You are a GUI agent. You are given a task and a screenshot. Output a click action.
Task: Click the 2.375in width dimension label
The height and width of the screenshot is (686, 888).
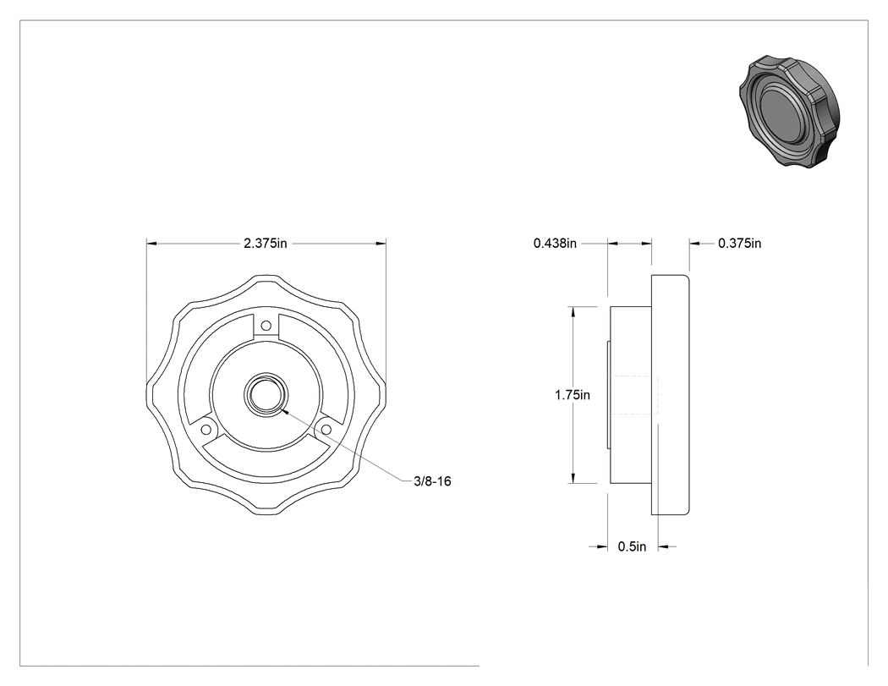pyautogui.click(x=265, y=244)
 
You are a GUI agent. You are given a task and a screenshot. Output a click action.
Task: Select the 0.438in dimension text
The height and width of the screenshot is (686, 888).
pyautogui.click(x=555, y=244)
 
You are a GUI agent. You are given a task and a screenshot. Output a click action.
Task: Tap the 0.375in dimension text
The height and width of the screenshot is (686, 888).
pyautogui.click(x=740, y=244)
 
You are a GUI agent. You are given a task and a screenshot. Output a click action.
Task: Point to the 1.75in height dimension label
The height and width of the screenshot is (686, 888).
pyautogui.click(x=573, y=395)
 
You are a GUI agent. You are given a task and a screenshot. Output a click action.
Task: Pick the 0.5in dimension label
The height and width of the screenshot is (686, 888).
pyautogui.click(x=632, y=546)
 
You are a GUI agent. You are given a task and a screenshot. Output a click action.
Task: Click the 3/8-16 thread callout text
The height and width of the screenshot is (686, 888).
pyautogui.click(x=433, y=481)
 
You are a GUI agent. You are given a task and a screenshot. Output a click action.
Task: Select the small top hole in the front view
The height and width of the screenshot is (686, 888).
pyautogui.click(x=266, y=326)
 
